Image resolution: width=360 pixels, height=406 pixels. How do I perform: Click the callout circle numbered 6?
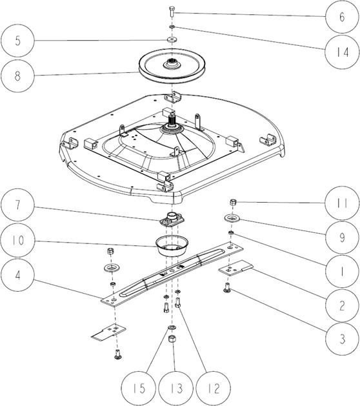342,17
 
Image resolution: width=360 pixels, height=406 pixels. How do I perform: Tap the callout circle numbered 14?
342,52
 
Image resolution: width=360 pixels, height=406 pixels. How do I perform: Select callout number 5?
17,41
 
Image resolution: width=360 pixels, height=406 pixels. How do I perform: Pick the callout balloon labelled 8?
17,76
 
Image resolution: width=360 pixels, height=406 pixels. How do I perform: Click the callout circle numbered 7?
17,205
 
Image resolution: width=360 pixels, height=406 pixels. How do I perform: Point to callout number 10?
17,240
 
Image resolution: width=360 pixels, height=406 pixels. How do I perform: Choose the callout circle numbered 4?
17,275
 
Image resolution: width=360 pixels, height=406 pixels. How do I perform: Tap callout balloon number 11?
342,203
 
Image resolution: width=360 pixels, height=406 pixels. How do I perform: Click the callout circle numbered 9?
342,237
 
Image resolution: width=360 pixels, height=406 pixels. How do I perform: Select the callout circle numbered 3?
342,339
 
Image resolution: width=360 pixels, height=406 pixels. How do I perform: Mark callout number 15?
139,389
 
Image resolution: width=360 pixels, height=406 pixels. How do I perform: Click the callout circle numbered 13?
176,389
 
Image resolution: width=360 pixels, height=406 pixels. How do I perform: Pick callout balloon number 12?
214,389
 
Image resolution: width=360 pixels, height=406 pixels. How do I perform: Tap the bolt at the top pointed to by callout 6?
172,12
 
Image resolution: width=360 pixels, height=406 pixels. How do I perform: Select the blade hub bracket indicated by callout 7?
172,219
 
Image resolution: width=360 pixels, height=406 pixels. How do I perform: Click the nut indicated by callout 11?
234,202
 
